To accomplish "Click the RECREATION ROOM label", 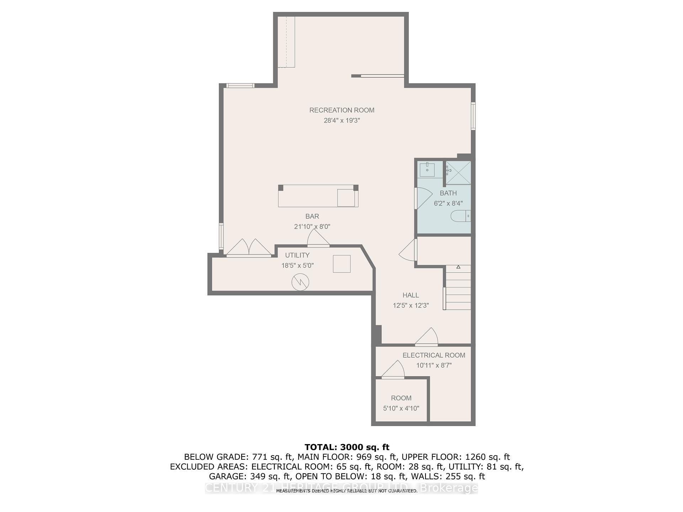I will [x=341, y=110].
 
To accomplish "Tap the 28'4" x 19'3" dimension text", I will [x=341, y=121].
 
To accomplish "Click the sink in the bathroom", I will [x=427, y=170].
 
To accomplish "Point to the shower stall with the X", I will [x=458, y=173].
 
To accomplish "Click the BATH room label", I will [x=448, y=193].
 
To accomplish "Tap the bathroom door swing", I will [x=423, y=198].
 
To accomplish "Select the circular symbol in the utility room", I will [x=300, y=282].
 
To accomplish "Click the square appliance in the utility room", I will [x=341, y=264].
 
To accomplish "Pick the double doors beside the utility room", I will [x=249, y=248].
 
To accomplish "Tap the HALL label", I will [x=411, y=295].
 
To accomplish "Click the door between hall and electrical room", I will [x=427, y=337].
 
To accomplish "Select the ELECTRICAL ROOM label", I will [x=434, y=355].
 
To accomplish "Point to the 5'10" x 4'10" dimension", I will [x=401, y=409].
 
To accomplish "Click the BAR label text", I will [x=312, y=216].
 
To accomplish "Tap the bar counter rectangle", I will [x=318, y=196].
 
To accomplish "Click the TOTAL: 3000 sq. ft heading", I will [x=347, y=447].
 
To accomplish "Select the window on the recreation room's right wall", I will [x=473, y=116].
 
